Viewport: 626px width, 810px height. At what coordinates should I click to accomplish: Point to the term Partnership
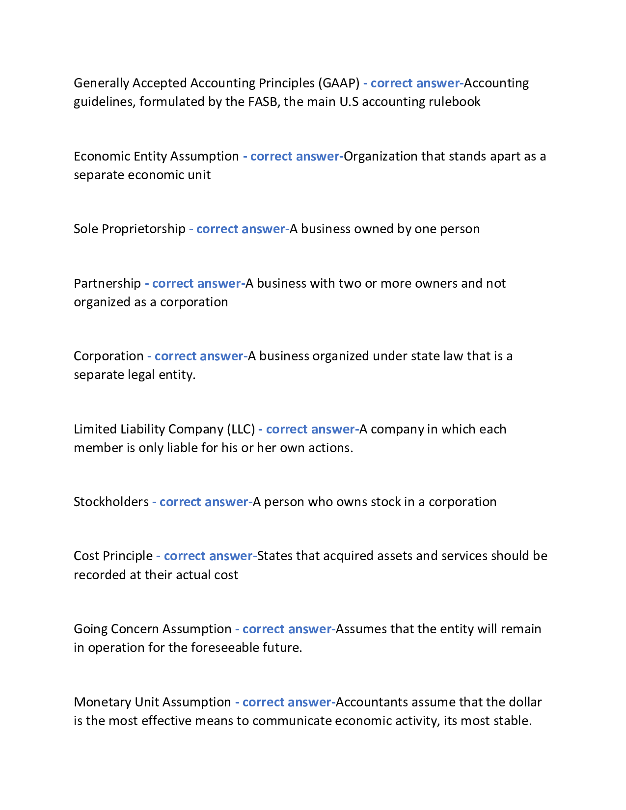pos(107,284)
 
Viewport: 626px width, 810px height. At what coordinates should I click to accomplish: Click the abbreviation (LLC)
pos(241,430)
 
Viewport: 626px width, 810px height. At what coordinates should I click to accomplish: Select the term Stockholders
pos(111,502)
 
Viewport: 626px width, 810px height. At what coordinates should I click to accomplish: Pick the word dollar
pos(524,702)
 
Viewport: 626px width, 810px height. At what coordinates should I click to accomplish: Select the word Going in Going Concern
pos(90,629)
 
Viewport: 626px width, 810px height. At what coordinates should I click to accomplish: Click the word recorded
pos(100,575)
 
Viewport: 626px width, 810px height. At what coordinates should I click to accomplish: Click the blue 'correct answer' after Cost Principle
pos(208,556)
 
